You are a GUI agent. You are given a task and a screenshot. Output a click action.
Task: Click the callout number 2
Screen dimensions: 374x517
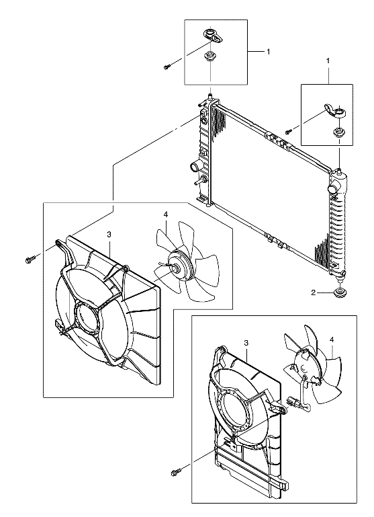(x=314, y=292)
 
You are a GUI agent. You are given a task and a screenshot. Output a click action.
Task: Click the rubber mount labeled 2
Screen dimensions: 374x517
(x=339, y=293)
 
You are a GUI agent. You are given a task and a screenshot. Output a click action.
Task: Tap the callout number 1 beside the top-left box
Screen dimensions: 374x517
(x=269, y=52)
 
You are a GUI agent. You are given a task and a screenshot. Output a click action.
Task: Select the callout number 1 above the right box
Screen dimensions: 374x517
(x=328, y=61)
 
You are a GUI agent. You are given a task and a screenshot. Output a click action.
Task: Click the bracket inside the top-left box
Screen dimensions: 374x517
(x=214, y=35)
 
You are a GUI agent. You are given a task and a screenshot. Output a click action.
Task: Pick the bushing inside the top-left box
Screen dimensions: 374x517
(x=208, y=56)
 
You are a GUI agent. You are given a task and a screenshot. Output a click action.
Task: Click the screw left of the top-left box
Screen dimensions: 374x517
(x=167, y=67)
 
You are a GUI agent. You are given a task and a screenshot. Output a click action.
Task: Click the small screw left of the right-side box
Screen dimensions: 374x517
(x=289, y=131)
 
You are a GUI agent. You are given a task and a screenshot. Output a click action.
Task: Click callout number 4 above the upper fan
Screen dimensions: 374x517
(x=166, y=214)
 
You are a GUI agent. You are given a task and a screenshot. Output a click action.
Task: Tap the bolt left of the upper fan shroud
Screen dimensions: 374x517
(x=30, y=260)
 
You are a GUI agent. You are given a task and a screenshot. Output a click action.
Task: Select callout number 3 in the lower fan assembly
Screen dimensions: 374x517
(x=246, y=343)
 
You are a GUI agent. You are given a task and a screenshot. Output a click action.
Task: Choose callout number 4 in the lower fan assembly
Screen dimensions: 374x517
(x=332, y=339)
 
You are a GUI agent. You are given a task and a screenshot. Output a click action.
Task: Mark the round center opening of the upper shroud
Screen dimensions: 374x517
(x=87, y=318)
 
